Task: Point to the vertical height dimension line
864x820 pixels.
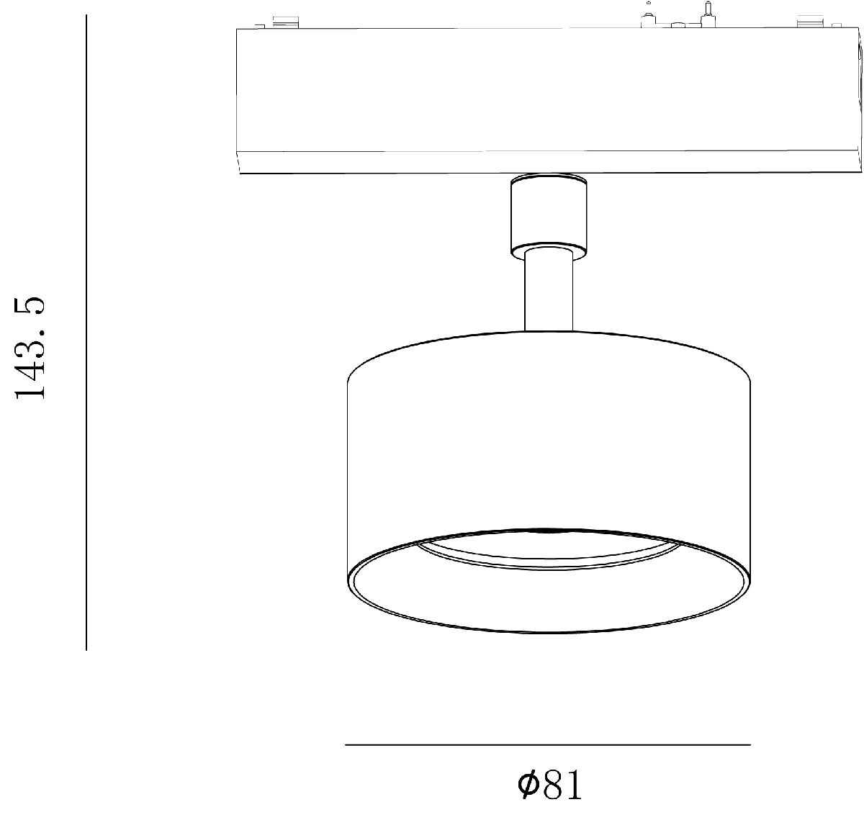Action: click(86, 332)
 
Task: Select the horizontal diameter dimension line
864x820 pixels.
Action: click(548, 745)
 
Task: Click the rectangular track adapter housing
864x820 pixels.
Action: click(548, 101)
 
